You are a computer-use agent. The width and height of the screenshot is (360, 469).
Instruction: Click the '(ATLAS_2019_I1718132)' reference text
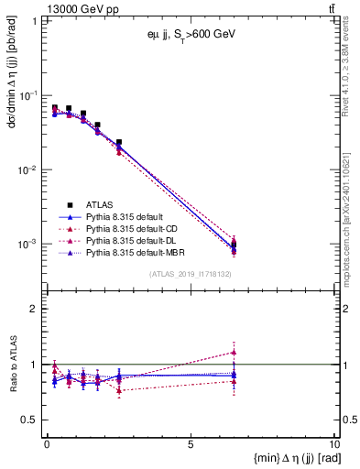190,273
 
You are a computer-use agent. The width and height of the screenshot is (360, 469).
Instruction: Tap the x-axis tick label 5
191,444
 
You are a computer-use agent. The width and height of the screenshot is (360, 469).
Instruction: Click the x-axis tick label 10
333,444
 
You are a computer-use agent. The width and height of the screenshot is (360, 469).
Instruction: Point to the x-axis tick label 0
47,444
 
